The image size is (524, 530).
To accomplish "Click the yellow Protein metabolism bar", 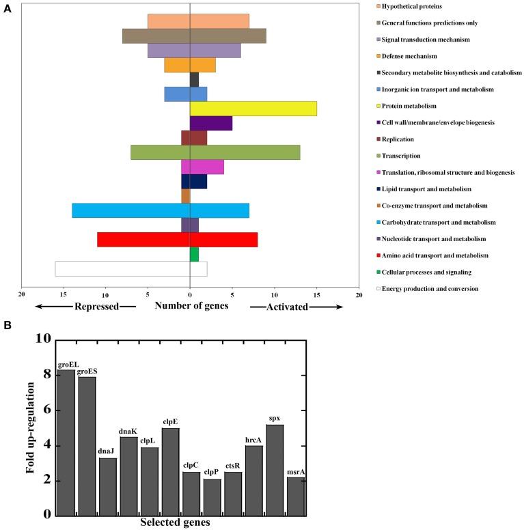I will [x=253, y=109].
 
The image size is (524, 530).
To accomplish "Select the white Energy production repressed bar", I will [x=122, y=268].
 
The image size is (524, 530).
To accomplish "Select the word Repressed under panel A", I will [x=96, y=307].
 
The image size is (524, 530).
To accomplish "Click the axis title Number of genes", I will [x=191, y=306].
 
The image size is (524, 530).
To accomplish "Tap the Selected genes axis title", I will [x=175, y=522].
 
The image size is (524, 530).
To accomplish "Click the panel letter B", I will [x=7, y=326].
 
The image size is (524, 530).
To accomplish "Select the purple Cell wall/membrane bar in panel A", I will [x=210, y=123].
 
